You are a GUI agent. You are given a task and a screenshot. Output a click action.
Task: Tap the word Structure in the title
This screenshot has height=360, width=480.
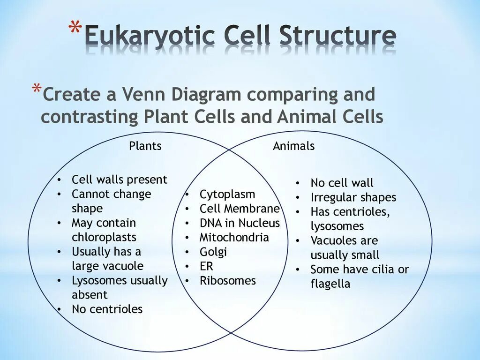pos(337,37)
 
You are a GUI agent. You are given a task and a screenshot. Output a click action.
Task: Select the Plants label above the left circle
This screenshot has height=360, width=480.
pos(145,146)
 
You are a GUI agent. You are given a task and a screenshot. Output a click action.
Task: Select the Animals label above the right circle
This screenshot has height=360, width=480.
pos(294,146)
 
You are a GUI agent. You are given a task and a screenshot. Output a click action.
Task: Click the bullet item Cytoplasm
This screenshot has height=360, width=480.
pos(227,195)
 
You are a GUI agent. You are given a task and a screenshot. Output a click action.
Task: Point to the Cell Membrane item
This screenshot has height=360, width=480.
pos(240,209)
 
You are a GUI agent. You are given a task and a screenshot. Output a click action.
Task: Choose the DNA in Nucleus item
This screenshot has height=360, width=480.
pos(240,223)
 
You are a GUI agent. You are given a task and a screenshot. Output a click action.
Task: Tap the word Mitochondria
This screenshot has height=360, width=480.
pos(234,238)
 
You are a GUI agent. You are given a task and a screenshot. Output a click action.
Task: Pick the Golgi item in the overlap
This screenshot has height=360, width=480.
pos(213,252)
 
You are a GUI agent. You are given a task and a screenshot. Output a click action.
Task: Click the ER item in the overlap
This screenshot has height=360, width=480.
pos(206,266)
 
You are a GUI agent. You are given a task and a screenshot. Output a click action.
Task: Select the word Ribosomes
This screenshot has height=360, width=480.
pos(228,281)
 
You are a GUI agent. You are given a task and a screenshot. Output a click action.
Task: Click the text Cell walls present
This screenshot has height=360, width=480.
pos(119,180)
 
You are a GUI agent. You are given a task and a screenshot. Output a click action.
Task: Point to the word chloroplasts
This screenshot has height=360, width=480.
pos(104,237)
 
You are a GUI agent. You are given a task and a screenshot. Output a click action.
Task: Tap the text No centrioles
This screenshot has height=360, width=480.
pos(107,309)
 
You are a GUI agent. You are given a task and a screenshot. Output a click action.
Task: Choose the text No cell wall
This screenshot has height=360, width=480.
pos(342,183)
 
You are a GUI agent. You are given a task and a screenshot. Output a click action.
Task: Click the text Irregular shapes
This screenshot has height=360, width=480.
pos(353,197)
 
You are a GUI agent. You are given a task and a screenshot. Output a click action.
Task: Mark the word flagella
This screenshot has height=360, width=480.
pos(330,284)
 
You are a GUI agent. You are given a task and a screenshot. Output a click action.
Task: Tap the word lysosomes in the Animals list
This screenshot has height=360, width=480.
pos(337,226)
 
